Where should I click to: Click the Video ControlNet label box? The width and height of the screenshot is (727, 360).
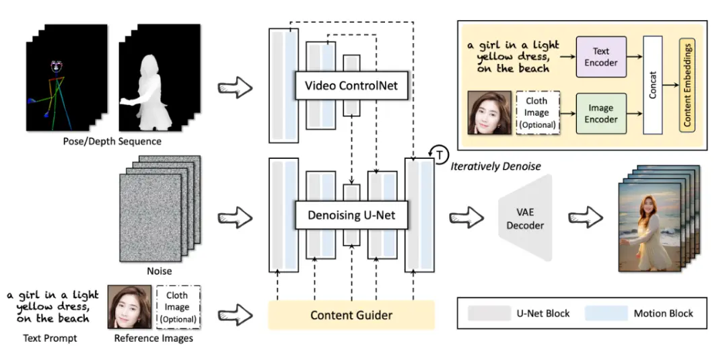(x=351, y=86)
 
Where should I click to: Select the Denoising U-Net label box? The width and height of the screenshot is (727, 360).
(x=351, y=216)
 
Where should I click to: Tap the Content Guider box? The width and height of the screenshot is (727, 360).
(x=351, y=315)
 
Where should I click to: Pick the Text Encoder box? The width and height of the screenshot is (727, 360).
(x=601, y=57)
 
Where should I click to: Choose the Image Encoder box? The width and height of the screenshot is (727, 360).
(x=601, y=112)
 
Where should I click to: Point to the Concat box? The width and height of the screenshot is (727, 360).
(x=652, y=85)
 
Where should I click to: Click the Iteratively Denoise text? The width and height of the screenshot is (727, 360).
(x=495, y=166)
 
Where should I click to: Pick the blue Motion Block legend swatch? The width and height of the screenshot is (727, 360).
(x=606, y=313)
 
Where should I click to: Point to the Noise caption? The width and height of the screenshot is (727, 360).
(x=160, y=271)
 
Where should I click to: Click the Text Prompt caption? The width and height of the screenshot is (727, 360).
(x=50, y=338)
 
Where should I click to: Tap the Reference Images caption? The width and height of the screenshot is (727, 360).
(x=153, y=338)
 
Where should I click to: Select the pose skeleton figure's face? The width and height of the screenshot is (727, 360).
(x=57, y=68)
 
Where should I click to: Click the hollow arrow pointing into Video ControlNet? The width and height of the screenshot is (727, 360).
(x=236, y=87)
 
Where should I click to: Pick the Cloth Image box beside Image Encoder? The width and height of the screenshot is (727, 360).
(x=537, y=112)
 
